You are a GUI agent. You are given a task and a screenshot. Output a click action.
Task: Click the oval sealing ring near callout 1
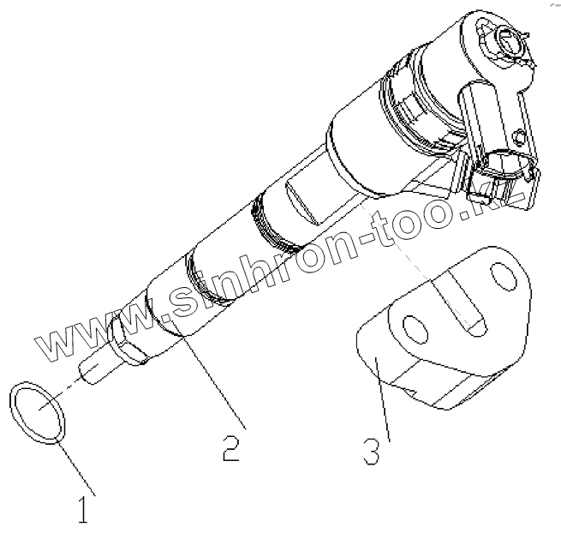pyautogui.click(x=39, y=414)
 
